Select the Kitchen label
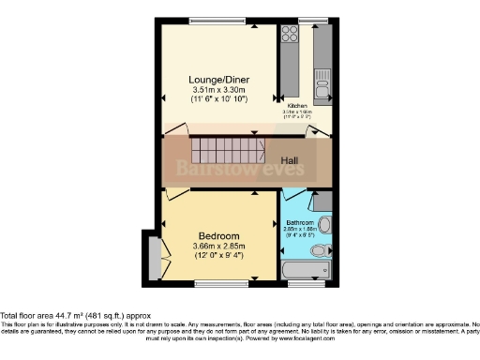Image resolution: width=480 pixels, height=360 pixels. click(298, 106)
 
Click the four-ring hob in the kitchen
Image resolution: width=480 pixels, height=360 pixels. click(289, 36)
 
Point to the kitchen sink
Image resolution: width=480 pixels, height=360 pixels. click(322, 86)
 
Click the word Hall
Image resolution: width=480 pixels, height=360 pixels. click(291, 160)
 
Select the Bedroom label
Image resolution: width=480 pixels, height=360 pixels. click(218, 235)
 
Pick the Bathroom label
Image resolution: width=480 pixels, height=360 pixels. click(301, 223)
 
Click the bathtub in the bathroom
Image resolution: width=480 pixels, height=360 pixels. click(305, 269)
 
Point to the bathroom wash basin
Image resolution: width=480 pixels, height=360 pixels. click(325, 225)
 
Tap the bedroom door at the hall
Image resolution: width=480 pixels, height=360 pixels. click(174, 195)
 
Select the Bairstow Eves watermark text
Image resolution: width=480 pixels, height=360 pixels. click(238, 168)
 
